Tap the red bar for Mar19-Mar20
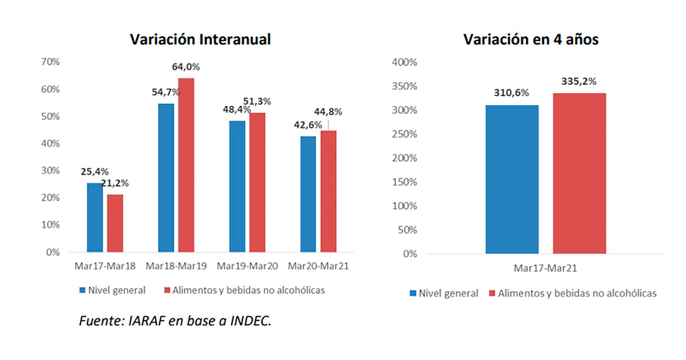pyautogui.click(x=257, y=182)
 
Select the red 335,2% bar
pyautogui.click(x=579, y=173)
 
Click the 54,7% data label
pyautogui.click(x=165, y=92)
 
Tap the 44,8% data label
pyautogui.click(x=328, y=112)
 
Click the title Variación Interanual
pyautogui.click(x=200, y=39)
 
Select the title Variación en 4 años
pyautogui.click(x=531, y=39)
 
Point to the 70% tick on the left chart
pyautogui.click(x=50, y=62)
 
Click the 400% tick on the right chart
pyautogui.click(x=404, y=62)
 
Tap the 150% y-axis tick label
pyautogui.click(x=404, y=182)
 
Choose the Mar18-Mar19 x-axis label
pyautogui.click(x=176, y=266)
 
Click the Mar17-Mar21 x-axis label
pyautogui.click(x=545, y=268)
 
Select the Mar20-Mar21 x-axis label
pyautogui.click(x=318, y=266)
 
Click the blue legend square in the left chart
pyautogui.click(x=83, y=290)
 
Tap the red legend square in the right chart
pyautogui.click(x=492, y=294)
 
